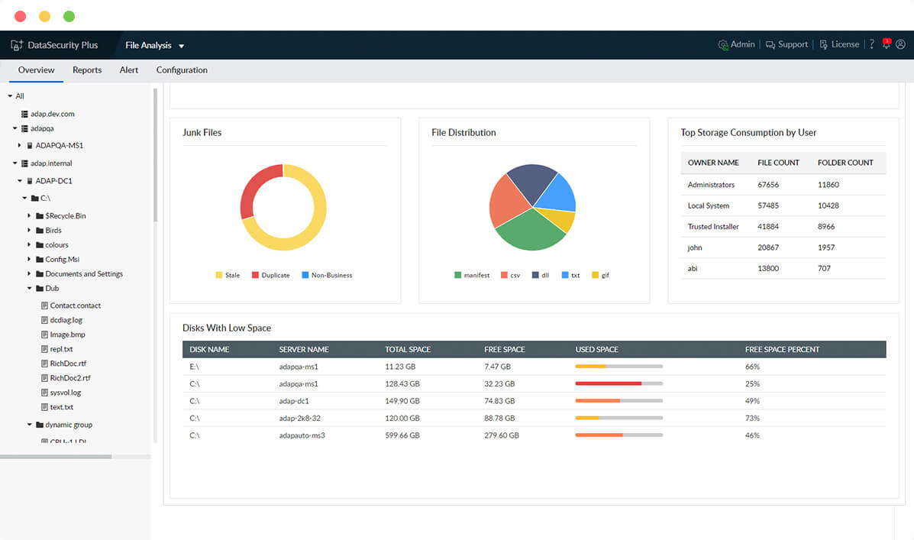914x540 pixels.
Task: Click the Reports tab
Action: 87,70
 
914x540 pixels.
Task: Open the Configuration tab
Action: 182,70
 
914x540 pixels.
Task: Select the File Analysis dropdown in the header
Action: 154,46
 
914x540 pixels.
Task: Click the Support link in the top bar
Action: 786,45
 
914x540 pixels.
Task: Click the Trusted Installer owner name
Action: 713,227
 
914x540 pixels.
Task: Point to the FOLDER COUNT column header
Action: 845,163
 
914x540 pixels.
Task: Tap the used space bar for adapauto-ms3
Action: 618,435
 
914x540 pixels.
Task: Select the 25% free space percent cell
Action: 752,383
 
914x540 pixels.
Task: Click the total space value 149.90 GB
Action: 402,401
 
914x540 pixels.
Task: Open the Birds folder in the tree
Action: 53,231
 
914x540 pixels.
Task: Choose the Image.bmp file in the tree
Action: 67,335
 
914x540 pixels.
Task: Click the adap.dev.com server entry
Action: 52,114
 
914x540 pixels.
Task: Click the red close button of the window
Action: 20,16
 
